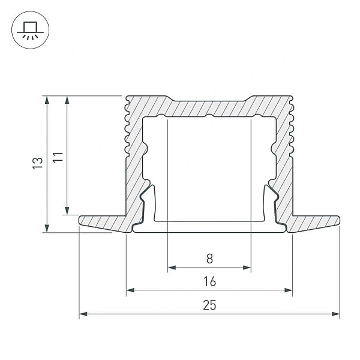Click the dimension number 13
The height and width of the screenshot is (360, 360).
(x=37, y=163)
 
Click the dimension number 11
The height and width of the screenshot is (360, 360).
(x=58, y=157)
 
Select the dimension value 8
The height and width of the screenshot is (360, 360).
(x=209, y=259)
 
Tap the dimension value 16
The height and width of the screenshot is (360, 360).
(x=209, y=281)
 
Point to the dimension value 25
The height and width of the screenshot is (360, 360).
(x=209, y=305)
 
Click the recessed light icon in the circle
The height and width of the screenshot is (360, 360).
(x=30, y=31)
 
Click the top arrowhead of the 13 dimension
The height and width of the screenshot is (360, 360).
(x=47, y=100)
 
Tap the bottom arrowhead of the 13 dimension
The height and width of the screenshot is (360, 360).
(x=47, y=228)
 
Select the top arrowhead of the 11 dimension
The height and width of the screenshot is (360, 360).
(x=67, y=100)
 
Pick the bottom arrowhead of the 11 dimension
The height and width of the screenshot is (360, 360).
(x=67, y=211)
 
